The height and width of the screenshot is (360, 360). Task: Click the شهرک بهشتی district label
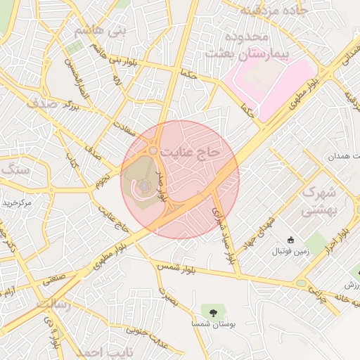(319, 200)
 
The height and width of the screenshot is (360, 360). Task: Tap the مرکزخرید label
(17, 203)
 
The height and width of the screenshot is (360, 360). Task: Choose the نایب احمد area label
(98, 351)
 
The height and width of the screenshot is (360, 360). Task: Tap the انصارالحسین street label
(76, 78)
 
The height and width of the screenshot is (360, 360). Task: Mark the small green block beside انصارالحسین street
(74, 48)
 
